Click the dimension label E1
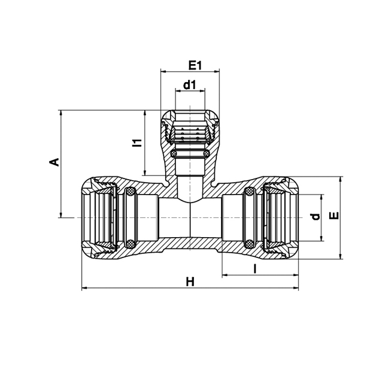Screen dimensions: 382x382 click(195, 65)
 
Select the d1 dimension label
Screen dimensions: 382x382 click(190, 85)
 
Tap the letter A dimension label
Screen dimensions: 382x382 click(54, 162)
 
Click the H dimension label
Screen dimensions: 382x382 click(190, 282)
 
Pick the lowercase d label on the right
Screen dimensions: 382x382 click(316, 217)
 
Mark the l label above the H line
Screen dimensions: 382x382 click(255, 268)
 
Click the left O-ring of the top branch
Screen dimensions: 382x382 click(174, 153)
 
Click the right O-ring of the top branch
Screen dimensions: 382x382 click(206, 153)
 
